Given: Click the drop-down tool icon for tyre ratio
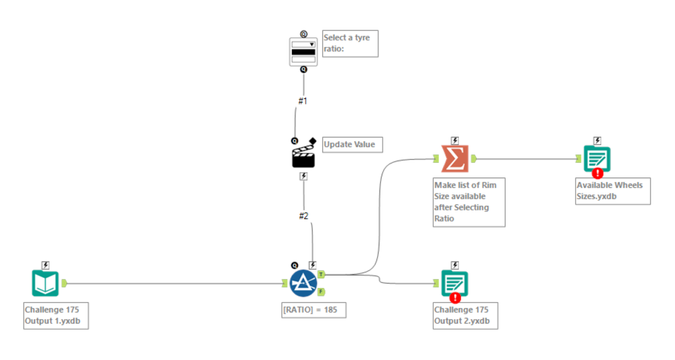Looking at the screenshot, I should pyautogui.click(x=303, y=51).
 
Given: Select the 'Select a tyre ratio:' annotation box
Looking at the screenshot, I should pyautogui.click(x=350, y=44).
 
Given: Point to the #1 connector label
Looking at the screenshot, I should pyautogui.click(x=303, y=102).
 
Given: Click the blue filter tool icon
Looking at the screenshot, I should pyautogui.click(x=303, y=282).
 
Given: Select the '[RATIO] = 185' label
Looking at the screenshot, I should pyautogui.click(x=313, y=310).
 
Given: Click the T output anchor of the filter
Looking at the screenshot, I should pyautogui.click(x=321, y=273).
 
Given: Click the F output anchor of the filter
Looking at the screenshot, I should pyautogui.click(x=321, y=291).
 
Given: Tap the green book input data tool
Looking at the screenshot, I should pyautogui.click(x=45, y=283).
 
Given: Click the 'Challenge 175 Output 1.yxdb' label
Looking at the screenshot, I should pyautogui.click(x=55, y=316).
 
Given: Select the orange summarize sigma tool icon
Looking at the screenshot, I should pyautogui.click(x=455, y=159).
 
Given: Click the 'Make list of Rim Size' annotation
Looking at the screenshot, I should pyautogui.click(x=469, y=201).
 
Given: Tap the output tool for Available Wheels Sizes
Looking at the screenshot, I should pyautogui.click(x=597, y=159).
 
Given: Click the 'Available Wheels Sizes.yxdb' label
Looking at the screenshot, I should pyautogui.click(x=613, y=191).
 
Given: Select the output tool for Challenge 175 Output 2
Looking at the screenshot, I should pyautogui.click(x=455, y=283).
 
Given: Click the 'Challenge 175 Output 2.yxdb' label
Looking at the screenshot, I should pyautogui.click(x=465, y=315).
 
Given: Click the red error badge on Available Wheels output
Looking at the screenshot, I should pyautogui.click(x=597, y=173).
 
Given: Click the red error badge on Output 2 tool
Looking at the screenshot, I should pyautogui.click(x=455, y=297).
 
